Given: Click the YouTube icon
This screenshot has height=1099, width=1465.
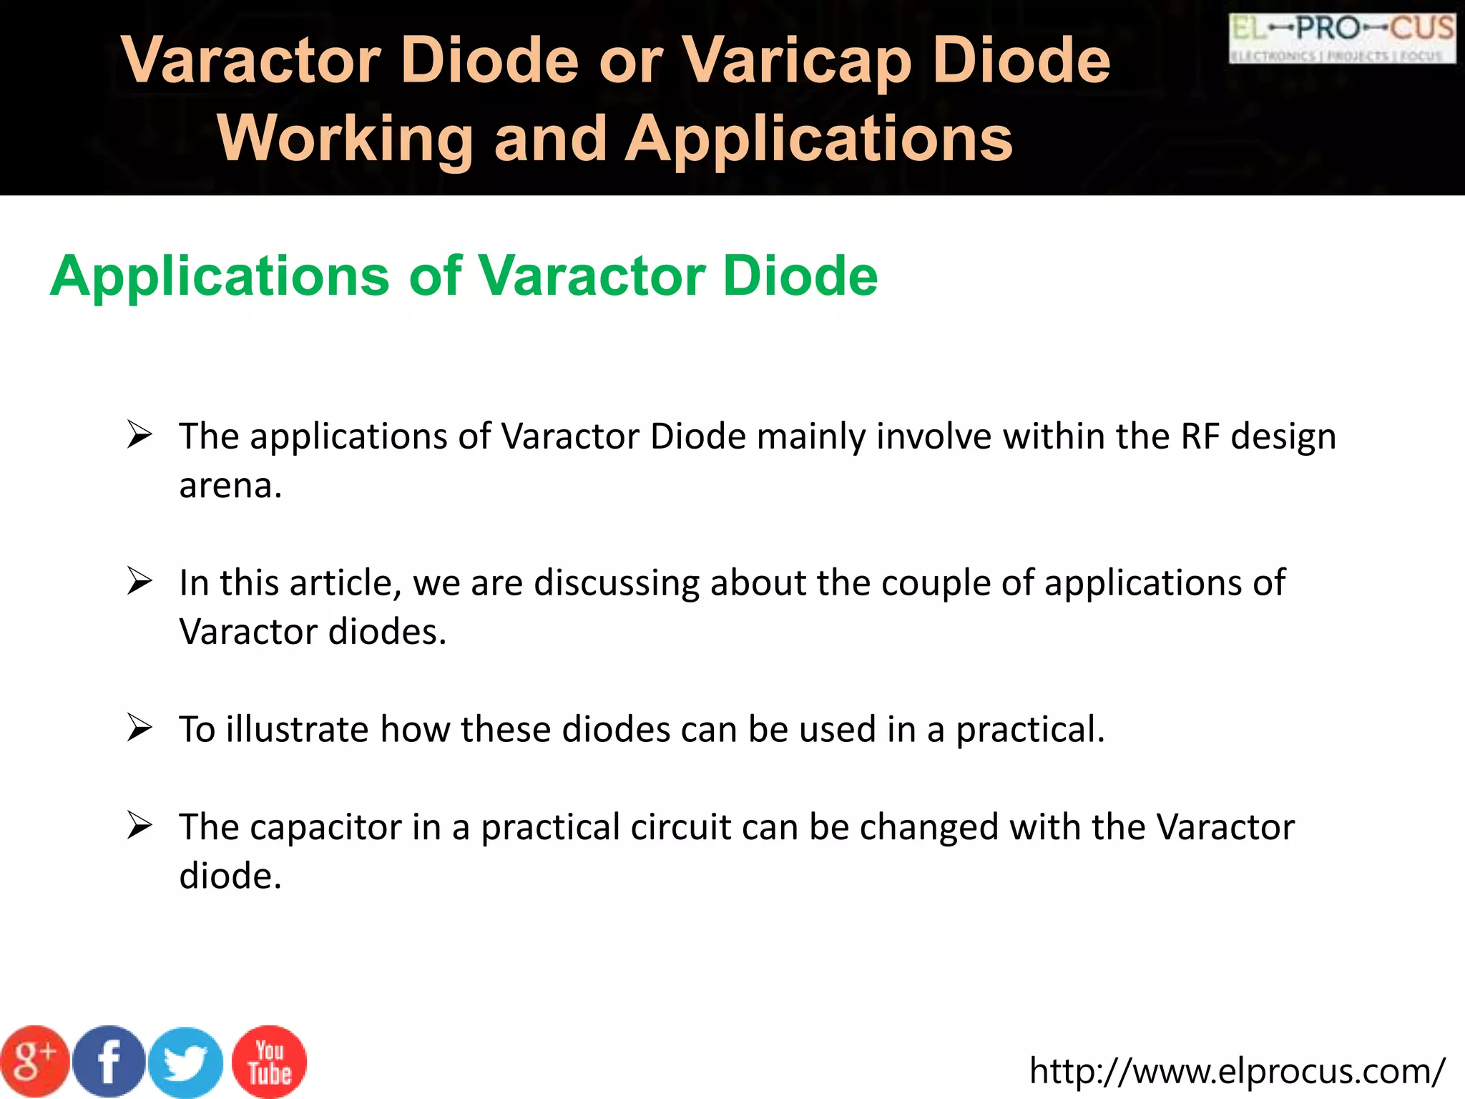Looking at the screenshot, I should coord(269,1062).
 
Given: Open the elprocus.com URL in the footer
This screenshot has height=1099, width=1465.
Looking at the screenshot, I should coord(1237,1071).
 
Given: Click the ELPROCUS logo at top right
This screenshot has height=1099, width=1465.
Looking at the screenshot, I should coord(1342,39).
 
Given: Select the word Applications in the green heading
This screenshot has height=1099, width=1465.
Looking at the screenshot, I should coord(220,275).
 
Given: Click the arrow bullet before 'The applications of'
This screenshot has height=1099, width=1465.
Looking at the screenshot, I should coord(139,435).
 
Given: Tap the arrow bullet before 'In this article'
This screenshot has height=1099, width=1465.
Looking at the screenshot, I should coord(139,581).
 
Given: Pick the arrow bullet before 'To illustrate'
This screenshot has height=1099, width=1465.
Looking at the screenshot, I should coord(139,728).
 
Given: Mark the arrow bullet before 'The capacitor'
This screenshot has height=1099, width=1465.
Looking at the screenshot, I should coord(139,826).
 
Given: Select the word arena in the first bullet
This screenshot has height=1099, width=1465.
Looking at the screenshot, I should coord(230,487).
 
